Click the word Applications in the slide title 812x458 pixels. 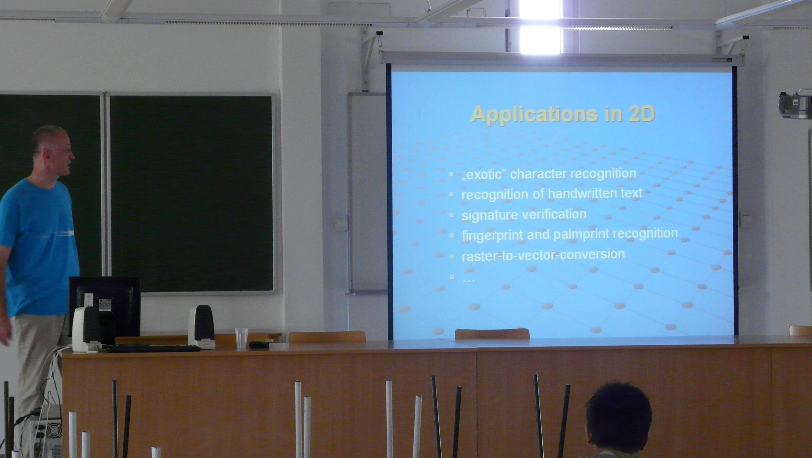tap(534, 115)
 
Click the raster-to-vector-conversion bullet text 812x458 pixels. tap(543, 255)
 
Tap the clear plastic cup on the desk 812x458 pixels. tap(242, 338)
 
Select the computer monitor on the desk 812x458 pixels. tap(105, 308)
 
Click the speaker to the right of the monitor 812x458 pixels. tap(202, 327)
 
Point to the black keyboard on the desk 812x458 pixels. tap(154, 348)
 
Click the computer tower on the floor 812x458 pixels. tap(47, 432)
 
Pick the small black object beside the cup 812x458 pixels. tap(259, 344)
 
